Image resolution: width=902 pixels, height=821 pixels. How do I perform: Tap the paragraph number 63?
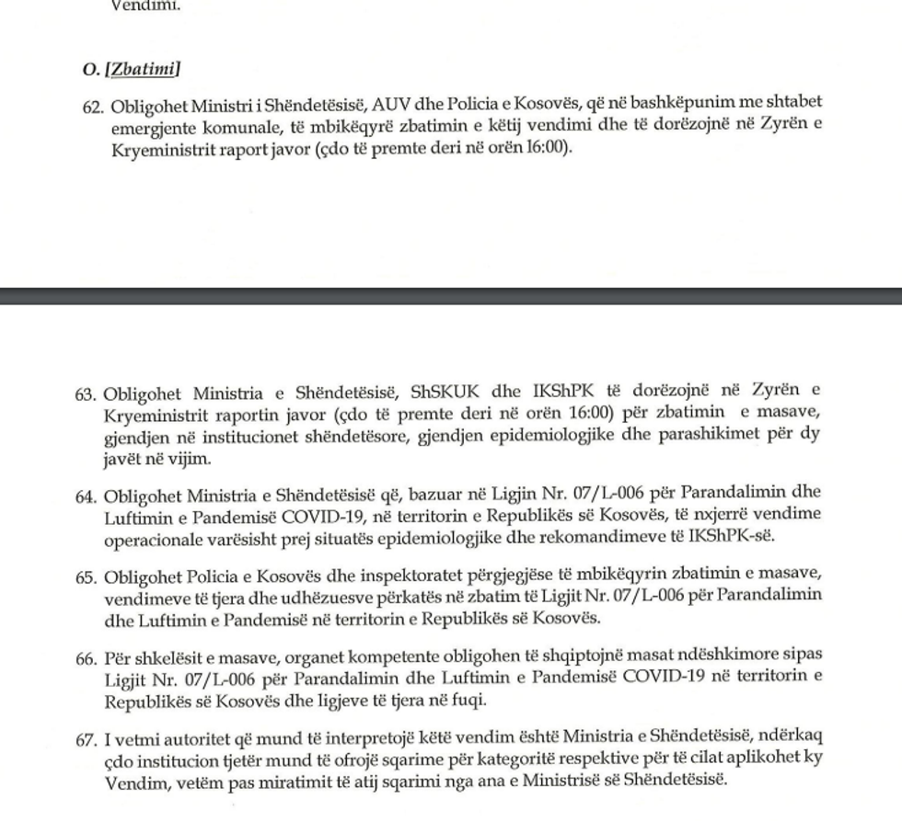pos(86,394)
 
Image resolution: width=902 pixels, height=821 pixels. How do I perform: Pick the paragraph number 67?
pos(86,740)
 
